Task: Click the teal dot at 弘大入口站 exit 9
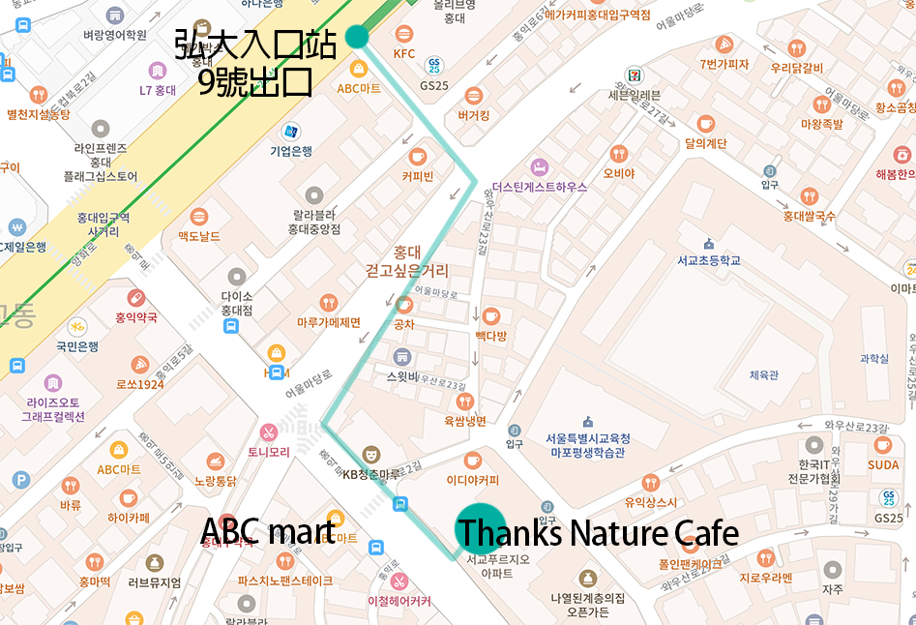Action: tap(357, 37)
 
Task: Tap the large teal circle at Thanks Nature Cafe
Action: tap(480, 528)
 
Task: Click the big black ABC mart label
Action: tap(267, 531)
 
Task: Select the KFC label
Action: tap(403, 54)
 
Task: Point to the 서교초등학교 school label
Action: tap(709, 260)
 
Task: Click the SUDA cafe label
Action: tap(882, 465)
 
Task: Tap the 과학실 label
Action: tap(873, 359)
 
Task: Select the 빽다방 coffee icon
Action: tap(490, 316)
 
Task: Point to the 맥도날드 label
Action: tap(198, 237)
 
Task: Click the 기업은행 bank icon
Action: tap(289, 131)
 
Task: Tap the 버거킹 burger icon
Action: tap(473, 96)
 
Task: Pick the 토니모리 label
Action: tap(268, 452)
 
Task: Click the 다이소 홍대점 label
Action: tap(236, 304)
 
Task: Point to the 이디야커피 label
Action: tap(472, 479)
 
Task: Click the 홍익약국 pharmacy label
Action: tap(134, 316)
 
